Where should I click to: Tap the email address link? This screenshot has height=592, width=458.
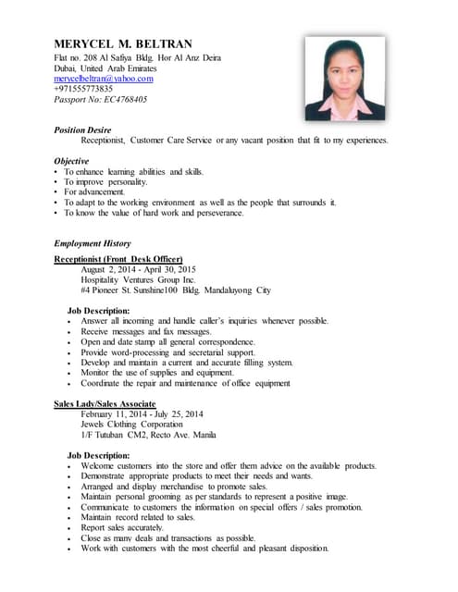tap(103, 79)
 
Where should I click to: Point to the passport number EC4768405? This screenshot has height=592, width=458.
tap(100, 99)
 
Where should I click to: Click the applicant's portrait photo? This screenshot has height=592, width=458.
tap(344, 78)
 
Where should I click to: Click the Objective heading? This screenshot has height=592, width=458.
tap(71, 161)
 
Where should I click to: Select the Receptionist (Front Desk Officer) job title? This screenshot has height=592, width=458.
tap(118, 259)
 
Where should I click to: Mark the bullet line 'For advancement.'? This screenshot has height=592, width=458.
tap(101, 191)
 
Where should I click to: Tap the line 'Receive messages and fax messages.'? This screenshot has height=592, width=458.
tap(146, 330)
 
